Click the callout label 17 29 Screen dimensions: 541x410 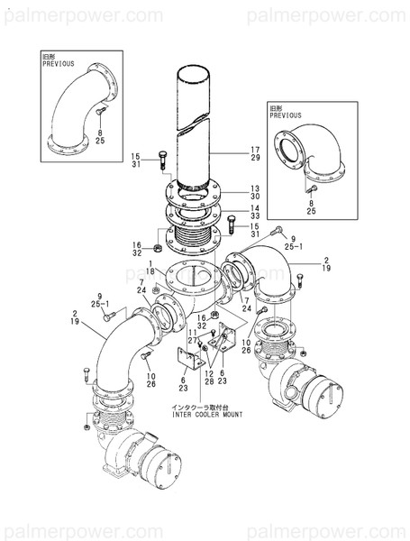tap(255, 153)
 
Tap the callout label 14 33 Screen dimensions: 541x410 tap(255, 213)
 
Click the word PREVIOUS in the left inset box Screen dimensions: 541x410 tap(59, 65)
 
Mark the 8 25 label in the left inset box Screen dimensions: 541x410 tap(100, 137)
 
